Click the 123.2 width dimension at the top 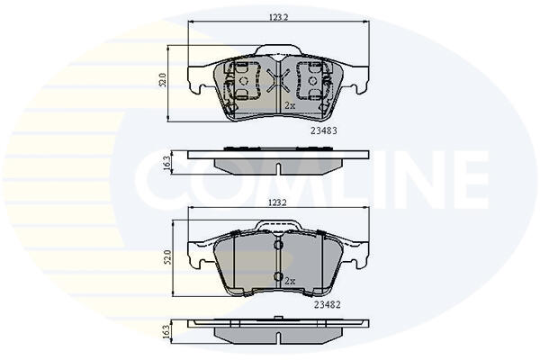coord(278,17)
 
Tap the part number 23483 coord(324,130)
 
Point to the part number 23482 coord(328,304)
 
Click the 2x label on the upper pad coord(290,106)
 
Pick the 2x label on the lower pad coord(290,281)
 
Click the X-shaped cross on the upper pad coord(278,80)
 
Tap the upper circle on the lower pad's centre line coord(278,245)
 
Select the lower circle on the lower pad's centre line coord(278,276)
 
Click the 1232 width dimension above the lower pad coord(277,202)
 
